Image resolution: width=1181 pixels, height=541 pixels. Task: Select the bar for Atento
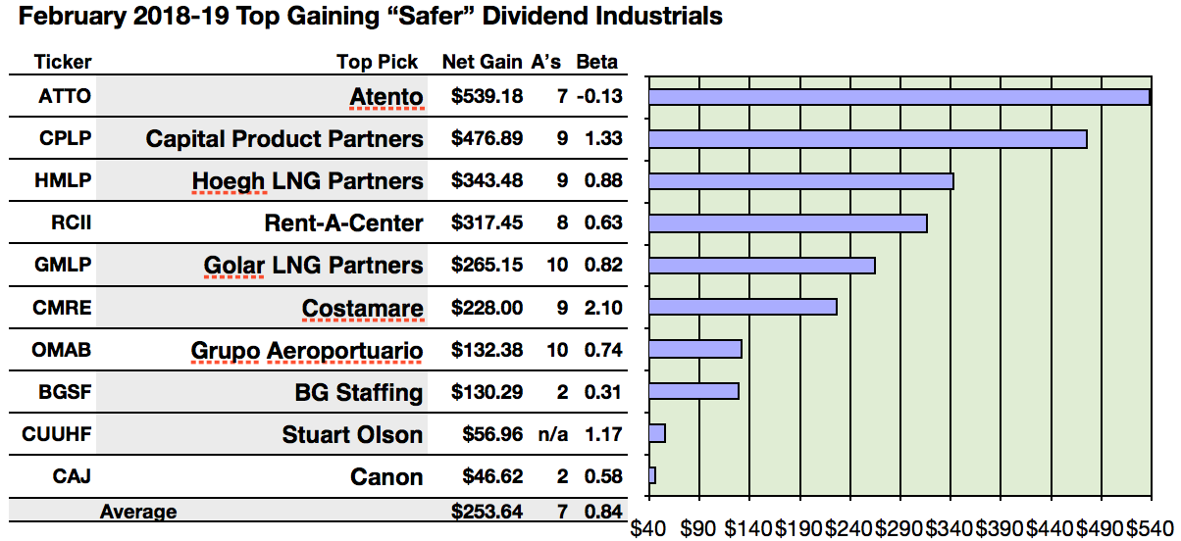(899, 97)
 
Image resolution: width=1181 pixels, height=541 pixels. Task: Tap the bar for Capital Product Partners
(868, 139)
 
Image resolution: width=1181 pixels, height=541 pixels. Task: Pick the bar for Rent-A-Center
(788, 223)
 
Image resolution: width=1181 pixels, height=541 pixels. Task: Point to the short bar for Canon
(652, 475)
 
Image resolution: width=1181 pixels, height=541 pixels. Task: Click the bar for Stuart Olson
(657, 433)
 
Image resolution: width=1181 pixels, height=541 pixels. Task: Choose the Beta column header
(596, 62)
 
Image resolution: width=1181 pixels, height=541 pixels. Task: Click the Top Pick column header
(377, 62)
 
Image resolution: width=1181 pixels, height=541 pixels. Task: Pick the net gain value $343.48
(487, 181)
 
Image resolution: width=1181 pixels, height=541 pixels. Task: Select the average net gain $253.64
(487, 512)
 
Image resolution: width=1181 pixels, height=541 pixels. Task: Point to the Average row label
(138, 512)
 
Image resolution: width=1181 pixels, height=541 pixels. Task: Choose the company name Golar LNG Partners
(313, 266)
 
